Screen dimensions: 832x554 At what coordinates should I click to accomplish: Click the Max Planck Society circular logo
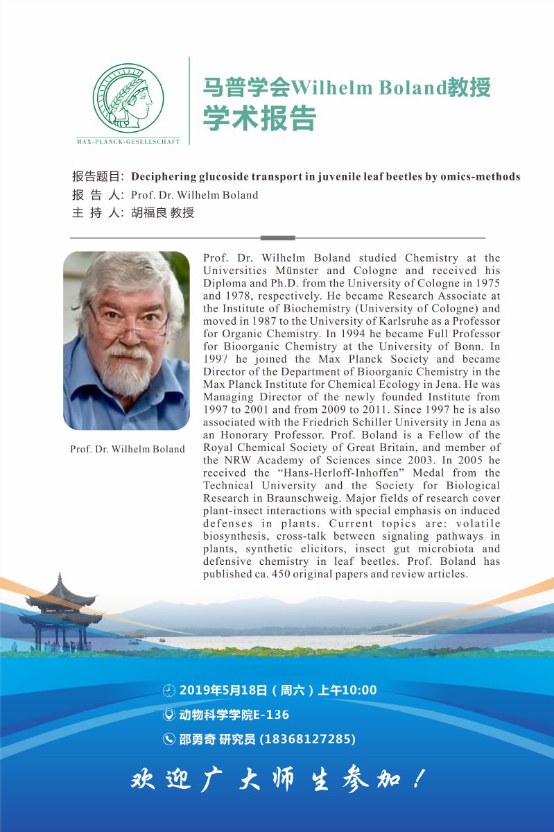click(x=128, y=98)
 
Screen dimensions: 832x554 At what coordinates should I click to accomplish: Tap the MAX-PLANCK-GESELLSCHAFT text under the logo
click(x=128, y=142)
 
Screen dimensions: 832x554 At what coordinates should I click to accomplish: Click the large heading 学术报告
click(x=259, y=118)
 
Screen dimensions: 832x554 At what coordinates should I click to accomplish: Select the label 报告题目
click(x=97, y=176)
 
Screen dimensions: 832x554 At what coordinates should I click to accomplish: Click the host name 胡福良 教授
click(x=163, y=213)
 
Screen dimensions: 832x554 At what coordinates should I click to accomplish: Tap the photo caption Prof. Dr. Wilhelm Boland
click(x=128, y=449)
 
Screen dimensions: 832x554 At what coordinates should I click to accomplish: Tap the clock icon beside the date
click(x=168, y=690)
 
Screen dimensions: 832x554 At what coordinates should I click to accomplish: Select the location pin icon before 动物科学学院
click(x=168, y=715)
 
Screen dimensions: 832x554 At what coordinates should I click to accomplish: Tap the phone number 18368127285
click(x=307, y=739)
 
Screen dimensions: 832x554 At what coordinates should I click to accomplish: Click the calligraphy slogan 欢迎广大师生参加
click(x=277, y=779)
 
